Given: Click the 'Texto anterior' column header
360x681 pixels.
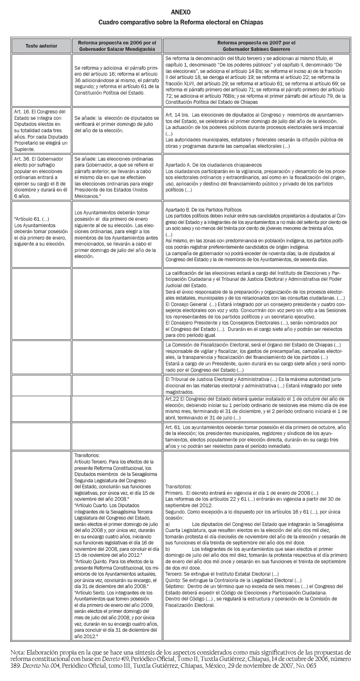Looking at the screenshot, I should (x=41, y=46).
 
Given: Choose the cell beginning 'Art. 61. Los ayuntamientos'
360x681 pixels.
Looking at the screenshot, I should (x=256, y=436).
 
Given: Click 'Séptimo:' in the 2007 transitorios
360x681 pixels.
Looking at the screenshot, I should (x=175, y=586).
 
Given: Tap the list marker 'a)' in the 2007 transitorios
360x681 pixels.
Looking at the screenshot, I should (x=168, y=524).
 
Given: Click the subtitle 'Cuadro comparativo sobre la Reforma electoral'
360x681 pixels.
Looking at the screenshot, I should (x=181, y=22).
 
